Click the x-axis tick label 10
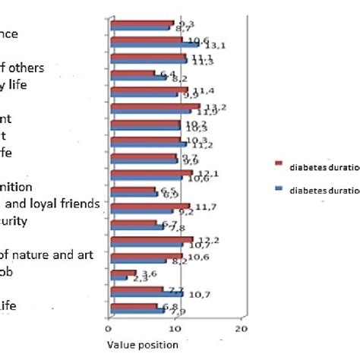point(175,328)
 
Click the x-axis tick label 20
point(241,328)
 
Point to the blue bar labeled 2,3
point(118,279)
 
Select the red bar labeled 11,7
point(150,207)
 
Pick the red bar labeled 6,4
point(132,74)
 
